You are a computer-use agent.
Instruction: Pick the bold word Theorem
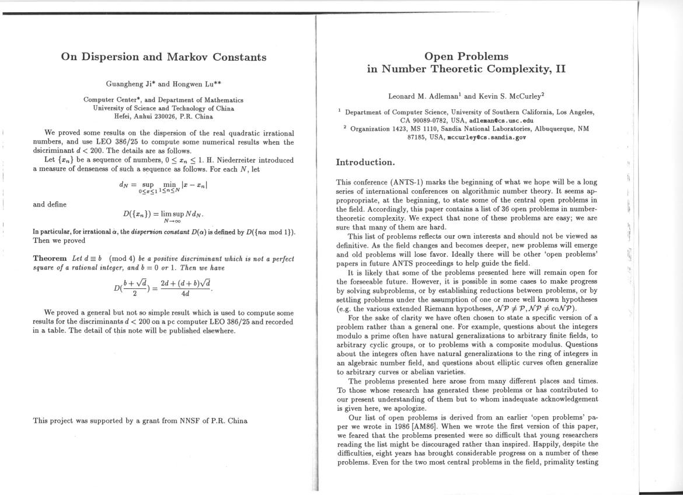coord(51,259)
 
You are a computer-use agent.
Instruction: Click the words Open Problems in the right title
coord(466,57)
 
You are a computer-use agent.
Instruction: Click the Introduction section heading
coord(365,162)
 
